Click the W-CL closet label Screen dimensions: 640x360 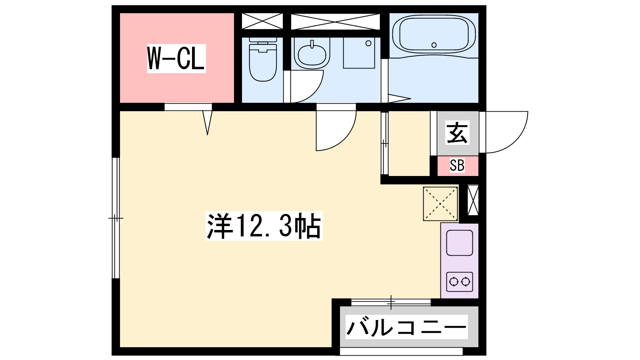(176, 58)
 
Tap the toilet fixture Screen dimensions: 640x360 (263, 60)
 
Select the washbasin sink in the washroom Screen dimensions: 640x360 (312, 54)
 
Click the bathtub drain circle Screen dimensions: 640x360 (434, 45)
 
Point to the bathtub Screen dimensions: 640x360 (434, 35)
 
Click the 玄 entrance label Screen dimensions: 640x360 (457, 133)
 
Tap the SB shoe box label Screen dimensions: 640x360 (457, 165)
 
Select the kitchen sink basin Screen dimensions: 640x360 (460, 243)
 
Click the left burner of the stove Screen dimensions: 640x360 (454, 282)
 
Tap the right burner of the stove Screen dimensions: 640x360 (466, 282)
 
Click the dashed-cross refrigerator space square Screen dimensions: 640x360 (440, 204)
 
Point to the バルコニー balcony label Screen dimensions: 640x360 (406, 327)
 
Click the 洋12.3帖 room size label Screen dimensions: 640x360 (264, 226)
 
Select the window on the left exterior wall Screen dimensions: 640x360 (116, 218)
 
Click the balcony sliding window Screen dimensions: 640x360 (391, 302)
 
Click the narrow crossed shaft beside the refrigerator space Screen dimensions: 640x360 (473, 200)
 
